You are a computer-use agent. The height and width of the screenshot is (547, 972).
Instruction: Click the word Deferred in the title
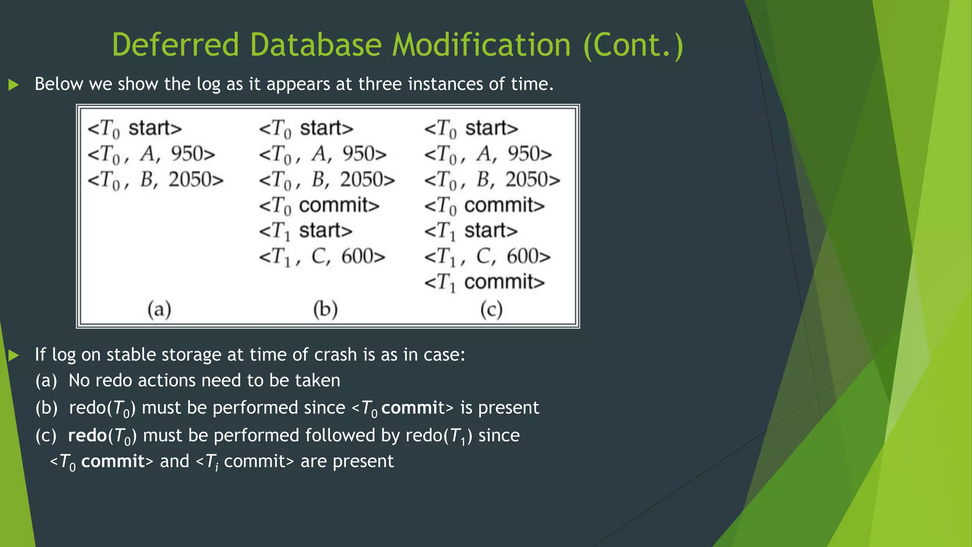(x=175, y=45)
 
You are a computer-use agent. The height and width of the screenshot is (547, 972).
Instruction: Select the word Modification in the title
(x=481, y=45)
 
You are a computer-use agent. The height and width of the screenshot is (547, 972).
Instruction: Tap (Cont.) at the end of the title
(x=633, y=45)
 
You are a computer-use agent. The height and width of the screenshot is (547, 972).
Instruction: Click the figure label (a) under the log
(x=159, y=310)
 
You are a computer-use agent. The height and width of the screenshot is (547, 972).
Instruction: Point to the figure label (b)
(x=326, y=310)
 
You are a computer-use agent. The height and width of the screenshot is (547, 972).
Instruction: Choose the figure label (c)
(x=491, y=310)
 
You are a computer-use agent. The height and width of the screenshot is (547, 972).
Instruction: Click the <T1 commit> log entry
(x=484, y=283)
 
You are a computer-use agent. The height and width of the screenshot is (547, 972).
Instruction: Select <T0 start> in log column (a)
(x=135, y=129)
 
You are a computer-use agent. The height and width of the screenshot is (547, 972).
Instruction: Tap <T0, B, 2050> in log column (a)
(x=155, y=180)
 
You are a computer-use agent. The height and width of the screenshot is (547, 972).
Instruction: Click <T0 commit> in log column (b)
(x=319, y=206)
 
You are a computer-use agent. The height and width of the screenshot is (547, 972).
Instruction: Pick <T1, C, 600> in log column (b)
(x=322, y=257)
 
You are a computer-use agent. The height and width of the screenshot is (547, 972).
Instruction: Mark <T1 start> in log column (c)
(x=471, y=231)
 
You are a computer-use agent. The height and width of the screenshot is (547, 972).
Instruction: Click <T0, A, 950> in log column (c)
(x=487, y=154)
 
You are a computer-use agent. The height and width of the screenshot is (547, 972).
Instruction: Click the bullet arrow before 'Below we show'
(x=14, y=85)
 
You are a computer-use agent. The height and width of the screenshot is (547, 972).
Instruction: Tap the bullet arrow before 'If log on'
(x=14, y=355)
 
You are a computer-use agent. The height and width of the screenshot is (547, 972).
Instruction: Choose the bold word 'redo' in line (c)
(x=87, y=435)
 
